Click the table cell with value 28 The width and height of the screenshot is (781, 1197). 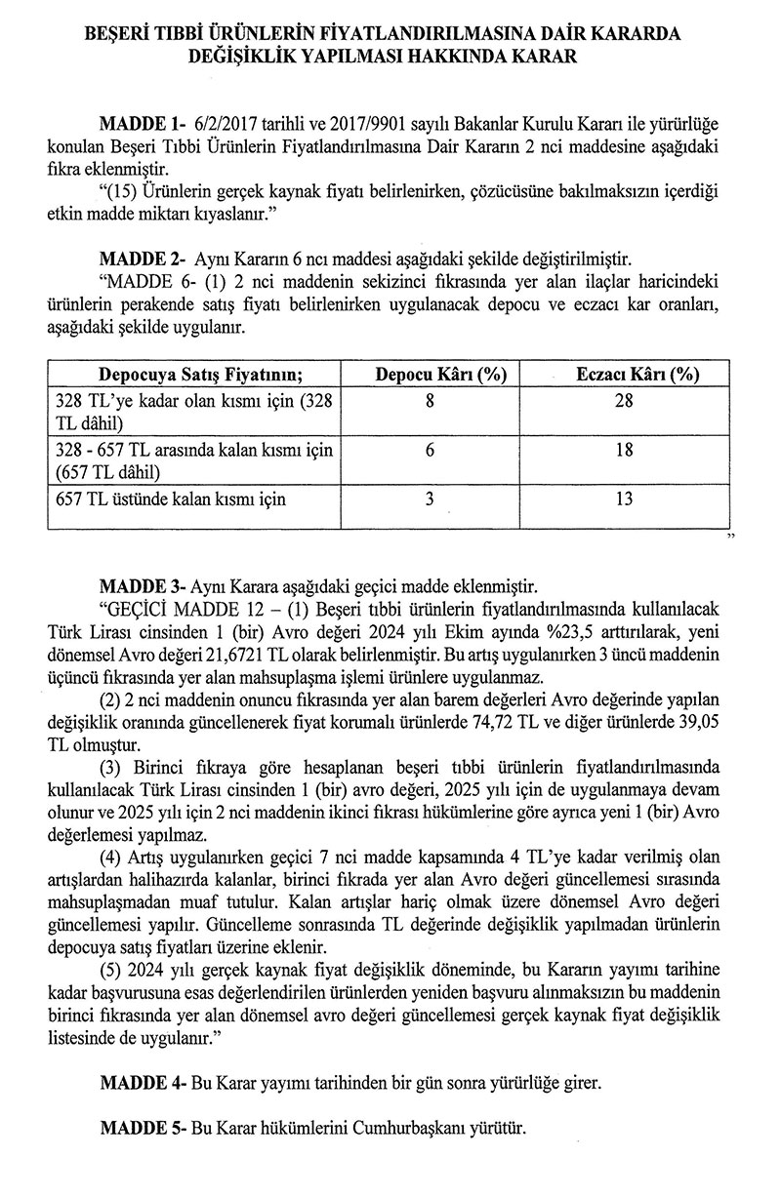coord(626,401)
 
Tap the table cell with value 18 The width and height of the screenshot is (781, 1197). coord(626,450)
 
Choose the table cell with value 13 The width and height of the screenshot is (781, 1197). coord(626,499)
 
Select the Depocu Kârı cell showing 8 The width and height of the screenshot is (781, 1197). coord(430,401)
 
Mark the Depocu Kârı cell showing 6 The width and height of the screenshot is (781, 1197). coord(430,450)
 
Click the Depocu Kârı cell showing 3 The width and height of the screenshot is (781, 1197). coord(430,499)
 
